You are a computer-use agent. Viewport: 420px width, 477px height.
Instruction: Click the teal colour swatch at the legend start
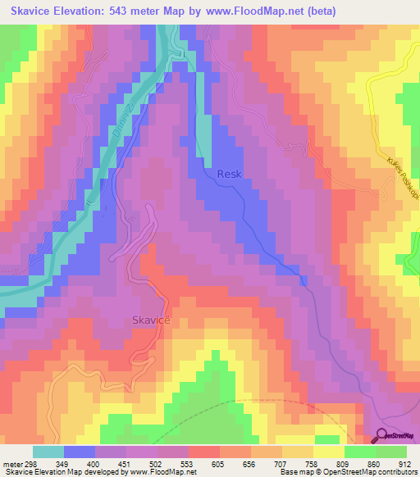pos(48,452)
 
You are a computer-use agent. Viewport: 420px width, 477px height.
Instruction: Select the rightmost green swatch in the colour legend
pos(390,452)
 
